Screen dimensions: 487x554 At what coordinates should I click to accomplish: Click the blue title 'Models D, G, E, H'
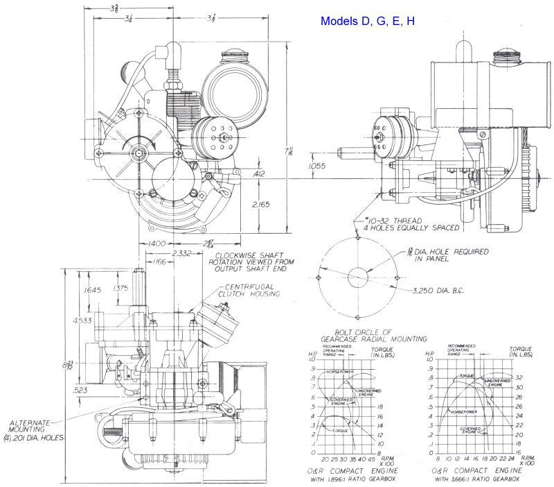pyautogui.click(x=368, y=22)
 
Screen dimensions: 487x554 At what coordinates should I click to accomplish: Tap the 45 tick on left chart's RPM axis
pyautogui.click(x=371, y=459)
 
